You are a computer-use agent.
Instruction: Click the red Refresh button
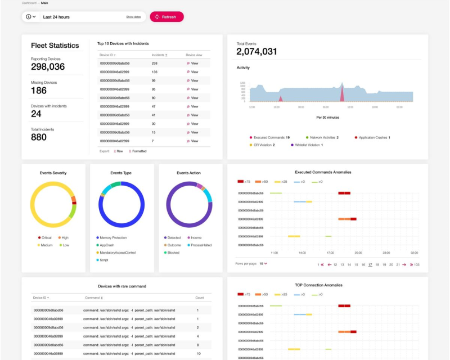point(166,17)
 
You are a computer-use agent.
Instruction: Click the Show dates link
point(133,17)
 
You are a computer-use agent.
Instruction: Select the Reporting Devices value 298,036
point(48,67)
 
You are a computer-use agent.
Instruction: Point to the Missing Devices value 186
point(39,91)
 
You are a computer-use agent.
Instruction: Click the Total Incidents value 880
point(39,137)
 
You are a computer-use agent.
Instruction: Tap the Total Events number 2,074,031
point(256,52)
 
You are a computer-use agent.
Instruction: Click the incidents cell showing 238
point(155,64)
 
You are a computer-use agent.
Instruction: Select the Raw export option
point(119,151)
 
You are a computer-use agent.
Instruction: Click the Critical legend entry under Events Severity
point(45,237)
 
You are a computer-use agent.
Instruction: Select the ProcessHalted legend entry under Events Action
point(200,245)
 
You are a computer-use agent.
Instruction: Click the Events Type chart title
point(121,173)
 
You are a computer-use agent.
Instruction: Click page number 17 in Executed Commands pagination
point(370,264)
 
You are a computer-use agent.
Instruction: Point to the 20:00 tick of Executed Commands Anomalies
point(358,253)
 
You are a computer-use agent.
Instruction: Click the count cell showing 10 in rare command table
point(199,353)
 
